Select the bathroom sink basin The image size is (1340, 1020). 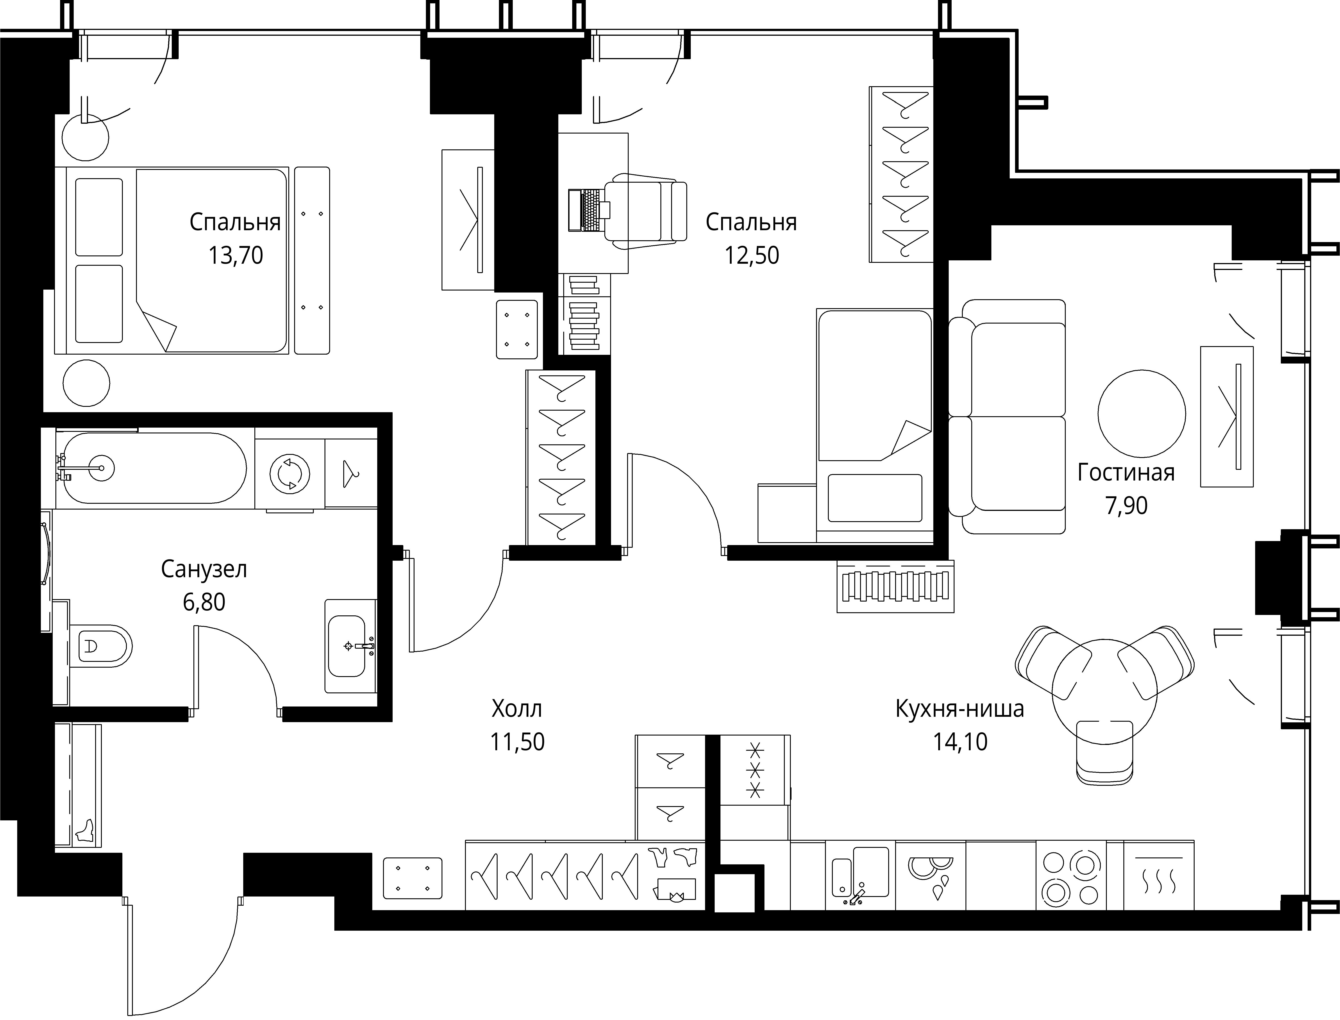[x=347, y=646]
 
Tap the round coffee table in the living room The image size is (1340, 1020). [x=1141, y=414]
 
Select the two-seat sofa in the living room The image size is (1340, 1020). [x=1007, y=416]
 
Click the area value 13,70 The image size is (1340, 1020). [x=236, y=256]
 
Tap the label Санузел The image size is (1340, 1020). [x=204, y=569]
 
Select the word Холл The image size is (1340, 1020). [x=517, y=709]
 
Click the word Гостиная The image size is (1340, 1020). [x=1126, y=472]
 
